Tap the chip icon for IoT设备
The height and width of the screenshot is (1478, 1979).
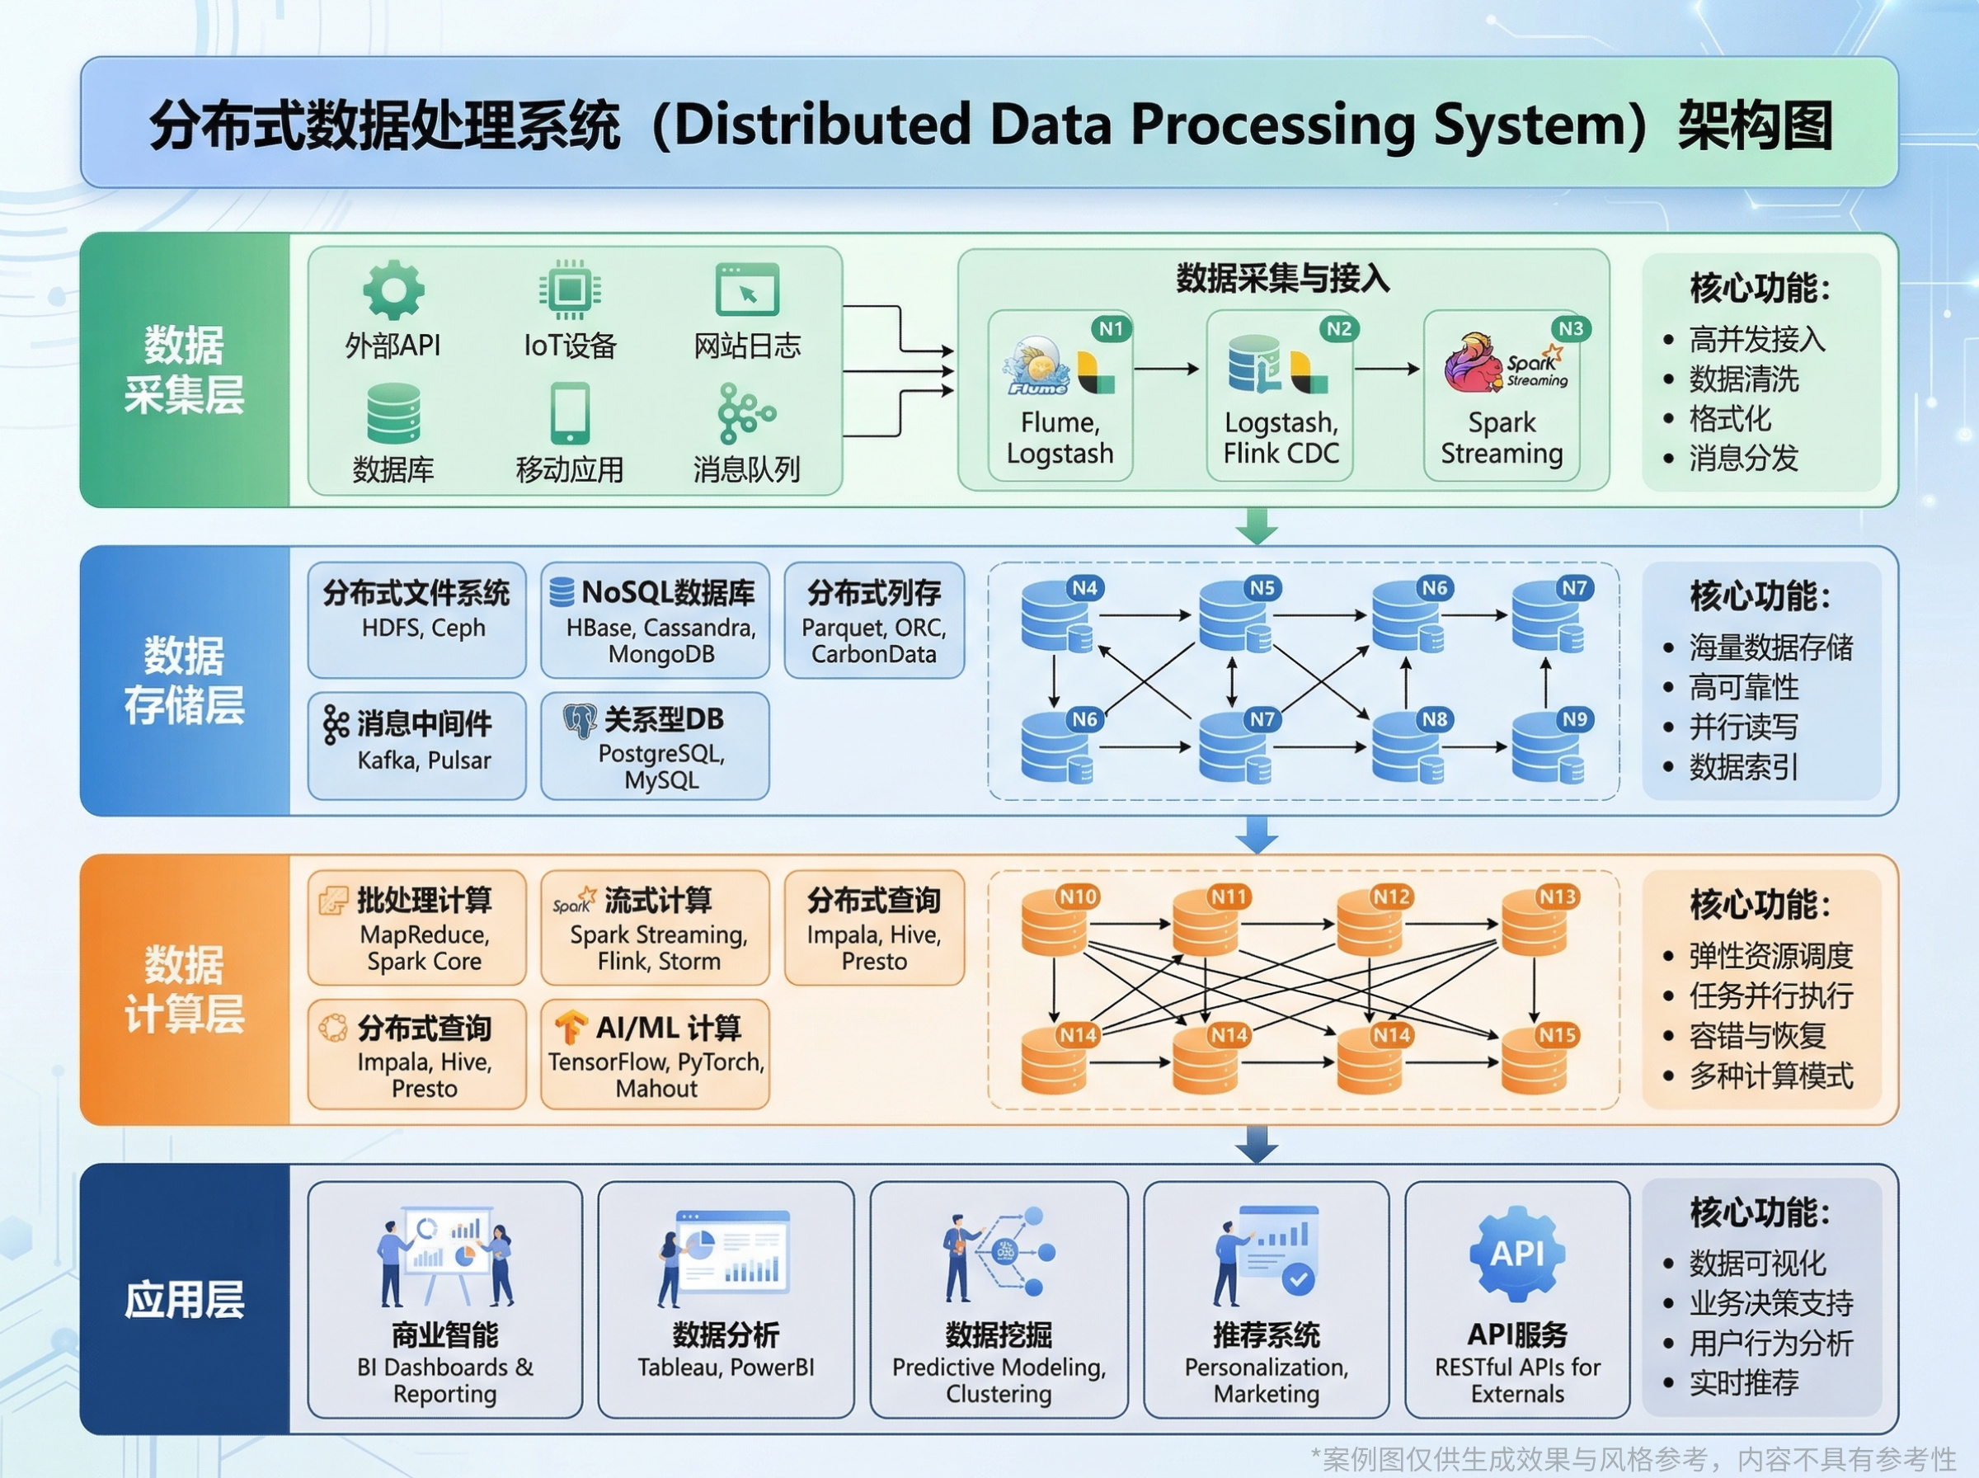click(570, 289)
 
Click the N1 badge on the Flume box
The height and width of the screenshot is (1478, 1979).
click(1111, 328)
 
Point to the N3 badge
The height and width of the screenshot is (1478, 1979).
click(1570, 328)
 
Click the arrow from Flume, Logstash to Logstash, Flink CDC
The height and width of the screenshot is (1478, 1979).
click(1167, 369)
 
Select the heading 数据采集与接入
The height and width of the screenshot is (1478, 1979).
click(1282, 279)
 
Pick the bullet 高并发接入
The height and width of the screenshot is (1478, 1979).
click(1756, 340)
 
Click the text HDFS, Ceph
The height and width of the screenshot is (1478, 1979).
click(423, 628)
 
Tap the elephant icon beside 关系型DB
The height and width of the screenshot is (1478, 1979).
click(581, 720)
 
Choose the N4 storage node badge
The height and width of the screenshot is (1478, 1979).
click(1084, 588)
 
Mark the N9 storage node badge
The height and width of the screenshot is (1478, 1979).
click(1574, 719)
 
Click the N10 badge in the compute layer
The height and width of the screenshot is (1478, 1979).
click(1078, 897)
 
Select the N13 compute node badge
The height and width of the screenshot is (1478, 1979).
click(1557, 897)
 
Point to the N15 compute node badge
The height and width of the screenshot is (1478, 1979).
click(1557, 1035)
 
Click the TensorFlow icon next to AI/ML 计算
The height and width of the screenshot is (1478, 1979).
click(571, 1027)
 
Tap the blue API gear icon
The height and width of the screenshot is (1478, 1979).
click(1516, 1254)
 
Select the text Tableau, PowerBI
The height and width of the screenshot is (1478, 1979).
click(726, 1367)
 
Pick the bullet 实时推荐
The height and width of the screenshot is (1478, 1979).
click(1743, 1383)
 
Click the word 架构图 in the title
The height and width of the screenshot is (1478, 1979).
click(1755, 125)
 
